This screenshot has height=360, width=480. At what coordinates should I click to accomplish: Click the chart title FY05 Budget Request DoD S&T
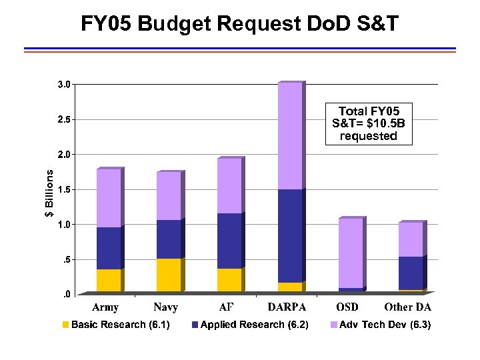pyautogui.click(x=240, y=24)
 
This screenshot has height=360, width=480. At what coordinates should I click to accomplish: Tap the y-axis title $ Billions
pyautogui.click(x=49, y=192)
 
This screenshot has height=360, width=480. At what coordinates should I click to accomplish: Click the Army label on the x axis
pyautogui.click(x=105, y=307)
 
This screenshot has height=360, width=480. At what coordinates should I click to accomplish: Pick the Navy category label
pyautogui.click(x=165, y=307)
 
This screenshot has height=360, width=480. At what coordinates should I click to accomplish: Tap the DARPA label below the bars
pyautogui.click(x=287, y=307)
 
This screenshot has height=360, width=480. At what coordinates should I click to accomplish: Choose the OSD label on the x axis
pyautogui.click(x=347, y=307)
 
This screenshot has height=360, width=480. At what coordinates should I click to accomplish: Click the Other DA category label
pyautogui.click(x=407, y=307)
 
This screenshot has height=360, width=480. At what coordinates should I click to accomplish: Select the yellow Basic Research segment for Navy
pyautogui.click(x=169, y=275)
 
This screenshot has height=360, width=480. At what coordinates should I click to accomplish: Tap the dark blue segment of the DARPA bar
pyautogui.click(x=290, y=236)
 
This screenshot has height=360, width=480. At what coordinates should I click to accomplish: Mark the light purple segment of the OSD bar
pyautogui.click(x=351, y=253)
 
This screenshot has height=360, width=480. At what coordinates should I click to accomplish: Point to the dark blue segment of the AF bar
pyautogui.click(x=229, y=241)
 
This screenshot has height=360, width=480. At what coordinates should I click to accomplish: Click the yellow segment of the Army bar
pyautogui.click(x=109, y=280)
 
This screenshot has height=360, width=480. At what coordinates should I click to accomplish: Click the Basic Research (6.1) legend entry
pyautogui.click(x=116, y=325)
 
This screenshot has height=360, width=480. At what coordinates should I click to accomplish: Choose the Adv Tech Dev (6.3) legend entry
pyautogui.click(x=381, y=325)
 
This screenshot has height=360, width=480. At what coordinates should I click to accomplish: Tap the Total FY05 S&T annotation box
pyautogui.click(x=368, y=123)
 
